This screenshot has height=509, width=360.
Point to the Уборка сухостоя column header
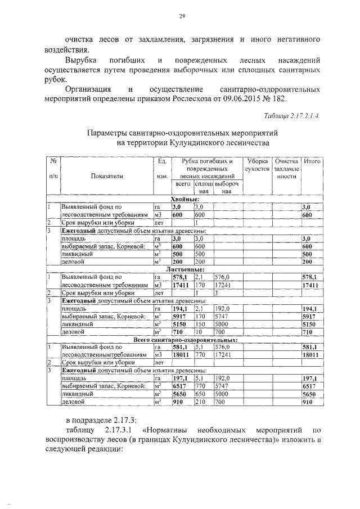pos(256,165)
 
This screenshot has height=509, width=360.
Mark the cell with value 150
pos(199,325)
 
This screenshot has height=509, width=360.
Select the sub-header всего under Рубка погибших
pos(183,184)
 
